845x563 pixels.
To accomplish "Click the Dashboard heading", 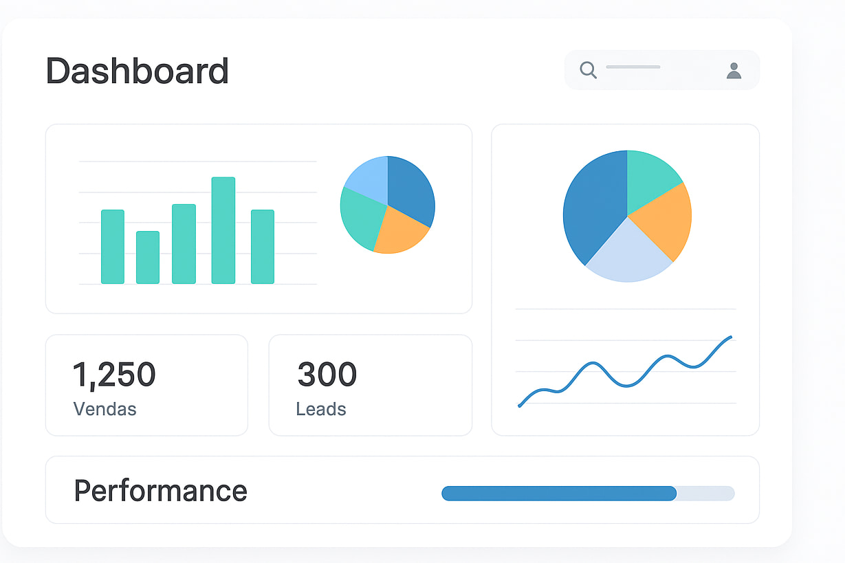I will (137, 71).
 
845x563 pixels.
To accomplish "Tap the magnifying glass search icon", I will (588, 69).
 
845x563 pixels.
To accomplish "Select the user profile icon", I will (734, 70).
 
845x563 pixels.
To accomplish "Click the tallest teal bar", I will (223, 230).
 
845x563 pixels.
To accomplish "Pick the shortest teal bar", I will (148, 257).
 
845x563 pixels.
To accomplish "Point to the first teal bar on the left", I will (113, 246).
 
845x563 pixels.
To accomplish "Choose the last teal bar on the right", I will (263, 246).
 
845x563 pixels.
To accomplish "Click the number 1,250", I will (114, 375).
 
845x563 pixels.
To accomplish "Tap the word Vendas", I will (105, 409).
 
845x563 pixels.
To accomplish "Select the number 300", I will (327, 375).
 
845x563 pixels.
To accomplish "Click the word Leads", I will (321, 409).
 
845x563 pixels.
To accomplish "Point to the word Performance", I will (160, 491).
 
